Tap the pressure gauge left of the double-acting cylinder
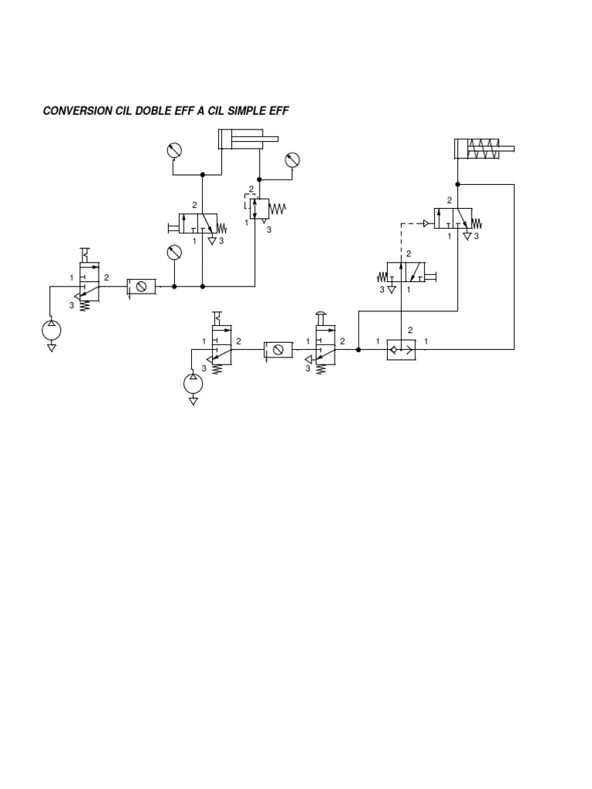175,150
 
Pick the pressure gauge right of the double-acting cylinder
291,160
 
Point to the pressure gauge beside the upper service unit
175,252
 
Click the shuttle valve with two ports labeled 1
401,349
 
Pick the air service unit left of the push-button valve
277,349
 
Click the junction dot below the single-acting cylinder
458,184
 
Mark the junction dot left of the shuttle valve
358,349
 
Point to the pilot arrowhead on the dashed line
426,223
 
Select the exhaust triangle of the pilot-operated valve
467,237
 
